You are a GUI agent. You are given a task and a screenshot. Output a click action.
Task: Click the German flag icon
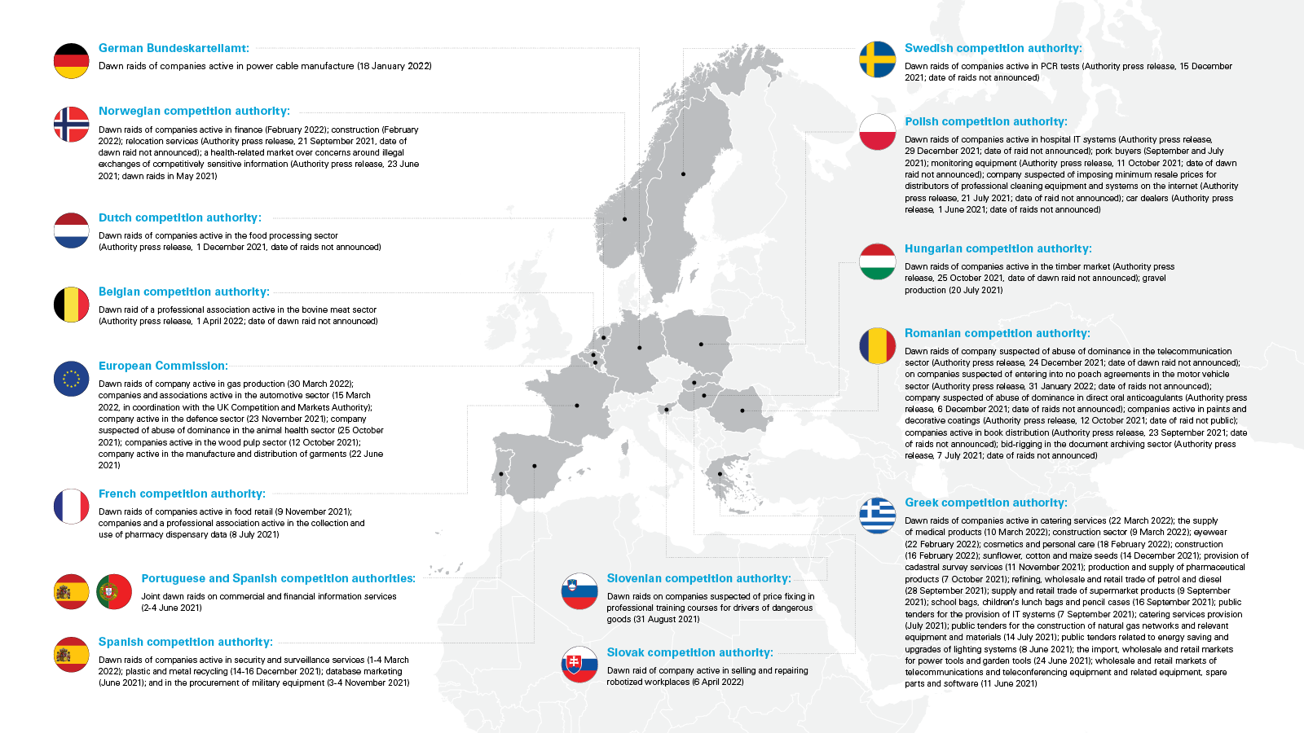[x=72, y=61]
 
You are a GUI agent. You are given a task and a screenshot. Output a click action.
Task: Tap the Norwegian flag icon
[x=72, y=125]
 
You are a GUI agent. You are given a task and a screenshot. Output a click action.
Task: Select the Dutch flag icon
[x=72, y=230]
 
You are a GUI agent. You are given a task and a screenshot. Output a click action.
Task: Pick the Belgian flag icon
[x=72, y=305]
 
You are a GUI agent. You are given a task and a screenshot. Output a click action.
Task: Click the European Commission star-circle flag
[x=72, y=379]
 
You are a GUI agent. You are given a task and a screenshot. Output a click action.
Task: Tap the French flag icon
[x=72, y=507]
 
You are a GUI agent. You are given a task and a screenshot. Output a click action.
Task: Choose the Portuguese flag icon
[x=114, y=592]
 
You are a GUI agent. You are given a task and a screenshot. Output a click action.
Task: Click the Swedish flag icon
[x=878, y=59]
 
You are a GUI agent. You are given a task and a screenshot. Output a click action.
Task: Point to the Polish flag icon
[x=878, y=132]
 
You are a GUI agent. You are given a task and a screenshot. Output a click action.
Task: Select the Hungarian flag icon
[x=878, y=261]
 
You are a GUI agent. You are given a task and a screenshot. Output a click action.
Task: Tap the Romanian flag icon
[x=878, y=346]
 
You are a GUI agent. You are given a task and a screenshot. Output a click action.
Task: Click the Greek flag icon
[x=878, y=516]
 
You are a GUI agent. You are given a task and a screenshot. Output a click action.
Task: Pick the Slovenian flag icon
[x=579, y=591]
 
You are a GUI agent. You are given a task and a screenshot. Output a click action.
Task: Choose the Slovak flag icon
[x=579, y=665]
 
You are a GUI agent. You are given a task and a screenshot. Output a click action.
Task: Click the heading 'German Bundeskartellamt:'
[x=174, y=48]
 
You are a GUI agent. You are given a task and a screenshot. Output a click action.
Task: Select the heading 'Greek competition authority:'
[x=985, y=503]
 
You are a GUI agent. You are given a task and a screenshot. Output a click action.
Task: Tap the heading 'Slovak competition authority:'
[x=689, y=652]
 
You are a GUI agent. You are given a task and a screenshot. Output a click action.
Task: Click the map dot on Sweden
[x=683, y=174]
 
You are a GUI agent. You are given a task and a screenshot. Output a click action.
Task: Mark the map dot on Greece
[x=720, y=474]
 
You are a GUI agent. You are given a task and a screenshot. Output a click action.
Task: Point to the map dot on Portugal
[x=501, y=474]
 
